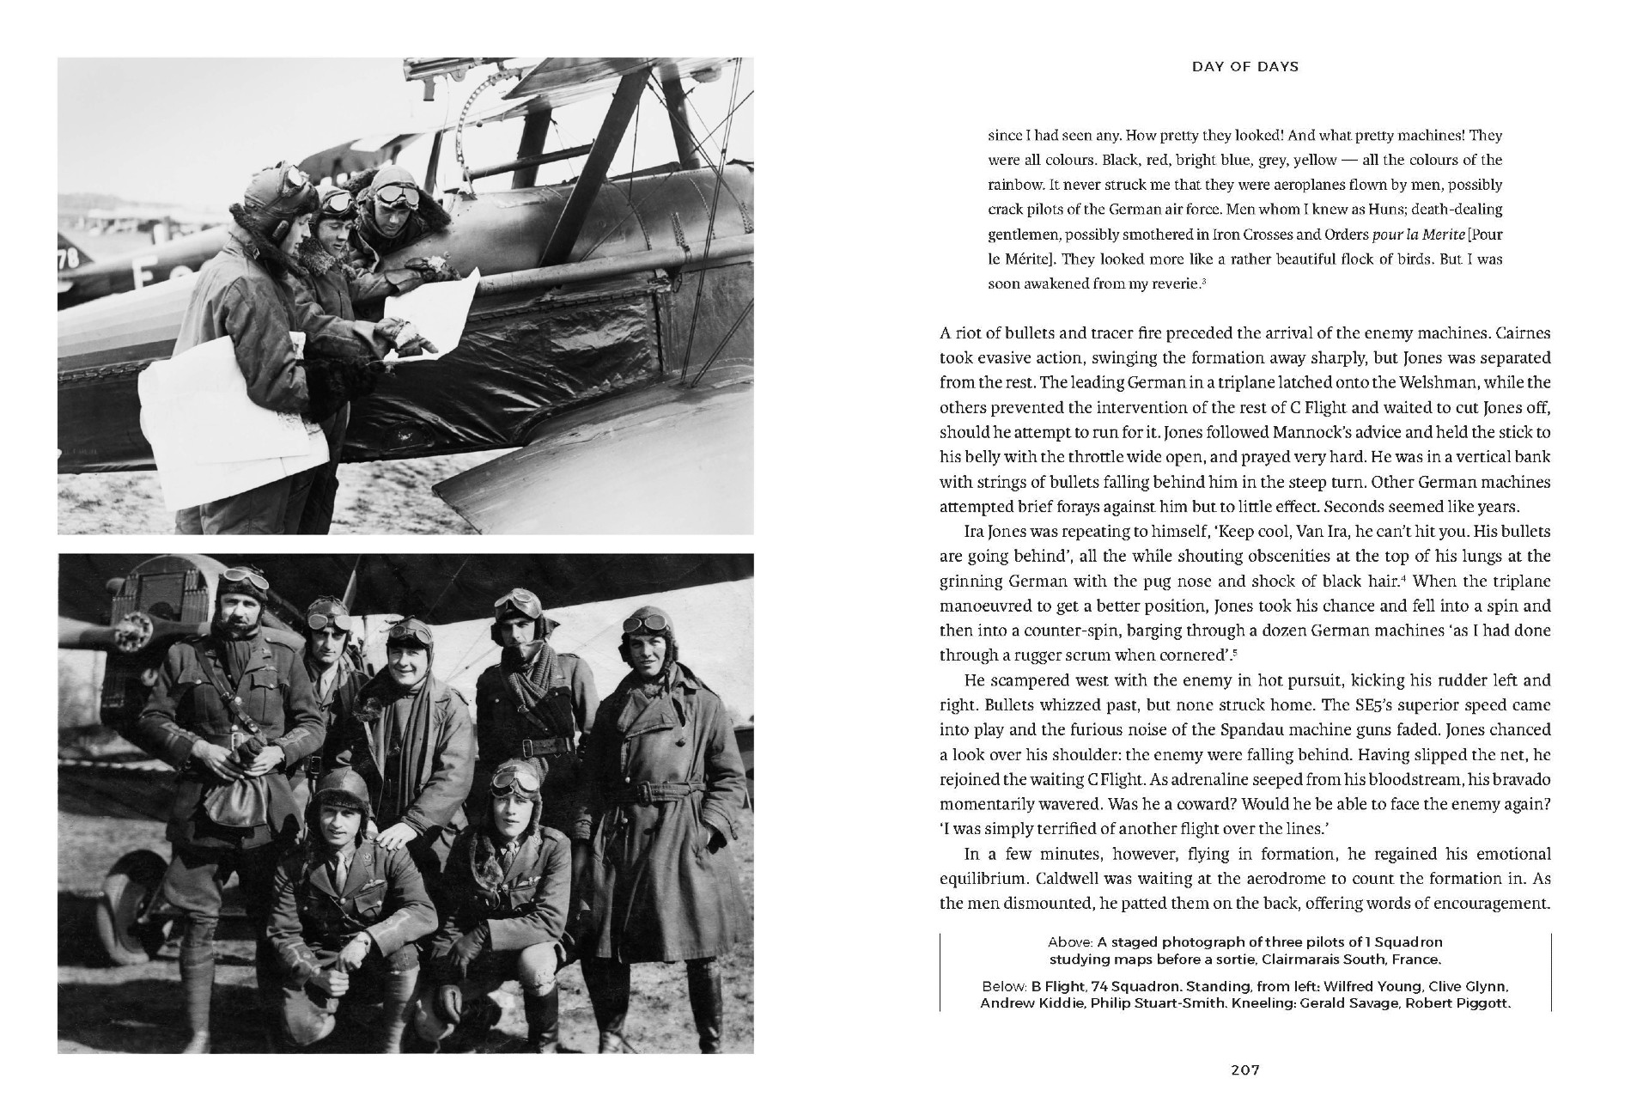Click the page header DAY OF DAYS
pyautogui.click(x=1244, y=66)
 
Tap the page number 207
pyautogui.click(x=1244, y=1069)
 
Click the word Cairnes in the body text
pyautogui.click(x=1521, y=333)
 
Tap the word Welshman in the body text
pyautogui.click(x=1466, y=382)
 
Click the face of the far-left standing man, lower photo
pyautogui.click(x=236, y=612)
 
